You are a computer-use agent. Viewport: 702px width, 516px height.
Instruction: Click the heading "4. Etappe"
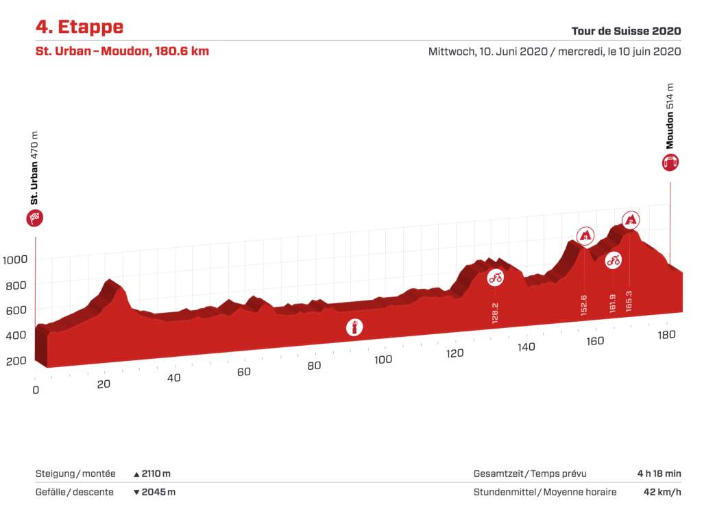80,27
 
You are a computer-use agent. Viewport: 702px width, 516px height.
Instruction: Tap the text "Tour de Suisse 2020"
626,31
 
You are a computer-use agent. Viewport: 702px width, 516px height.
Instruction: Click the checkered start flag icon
35,219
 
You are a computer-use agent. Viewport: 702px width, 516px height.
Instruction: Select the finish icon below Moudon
670,162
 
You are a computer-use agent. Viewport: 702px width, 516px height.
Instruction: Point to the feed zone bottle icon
354,327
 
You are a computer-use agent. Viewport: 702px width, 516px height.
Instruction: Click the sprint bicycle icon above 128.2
495,278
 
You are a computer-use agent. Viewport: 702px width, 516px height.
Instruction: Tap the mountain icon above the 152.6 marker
585,236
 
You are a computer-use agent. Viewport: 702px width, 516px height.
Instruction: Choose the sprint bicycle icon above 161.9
613,260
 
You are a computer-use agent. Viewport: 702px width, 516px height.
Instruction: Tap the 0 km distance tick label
36,389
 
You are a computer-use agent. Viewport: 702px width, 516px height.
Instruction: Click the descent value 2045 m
158,492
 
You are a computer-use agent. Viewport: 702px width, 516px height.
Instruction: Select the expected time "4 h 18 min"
658,473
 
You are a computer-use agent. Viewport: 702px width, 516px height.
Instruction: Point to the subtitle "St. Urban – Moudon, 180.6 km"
122,51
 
